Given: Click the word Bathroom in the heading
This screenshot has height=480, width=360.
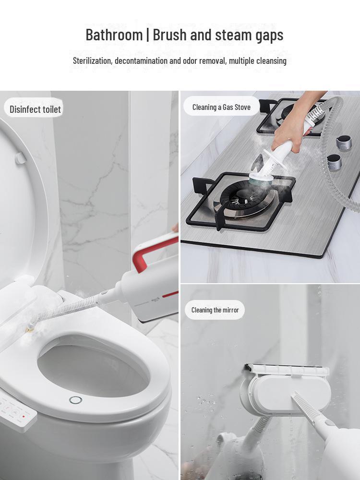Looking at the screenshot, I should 114,35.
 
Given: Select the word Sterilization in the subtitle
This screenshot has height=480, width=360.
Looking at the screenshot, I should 92,61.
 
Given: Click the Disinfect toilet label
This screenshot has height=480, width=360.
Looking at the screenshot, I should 35,109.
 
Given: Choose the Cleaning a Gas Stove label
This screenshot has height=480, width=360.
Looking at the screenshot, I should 221,107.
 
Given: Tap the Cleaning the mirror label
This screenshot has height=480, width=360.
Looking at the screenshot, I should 215,310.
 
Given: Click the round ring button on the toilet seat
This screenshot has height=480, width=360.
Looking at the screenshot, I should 75,400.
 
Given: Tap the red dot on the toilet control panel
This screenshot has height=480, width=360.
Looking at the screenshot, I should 23,416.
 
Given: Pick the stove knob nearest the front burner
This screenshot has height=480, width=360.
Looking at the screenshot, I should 334,162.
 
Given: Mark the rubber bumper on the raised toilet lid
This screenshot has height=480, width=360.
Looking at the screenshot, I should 21,158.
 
